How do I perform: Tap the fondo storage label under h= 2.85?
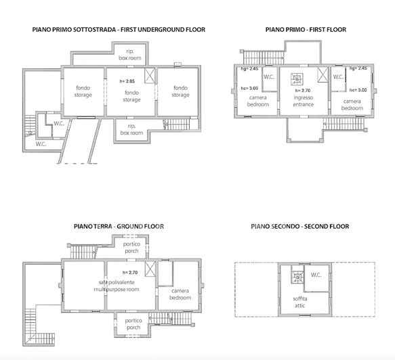click(x=131, y=95)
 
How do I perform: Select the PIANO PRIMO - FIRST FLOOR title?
click(x=306, y=30)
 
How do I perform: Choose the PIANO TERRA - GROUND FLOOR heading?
click(x=119, y=226)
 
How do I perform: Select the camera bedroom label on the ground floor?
click(x=180, y=294)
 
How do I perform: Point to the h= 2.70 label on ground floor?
click(x=128, y=271)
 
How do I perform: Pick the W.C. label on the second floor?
click(x=316, y=275)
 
